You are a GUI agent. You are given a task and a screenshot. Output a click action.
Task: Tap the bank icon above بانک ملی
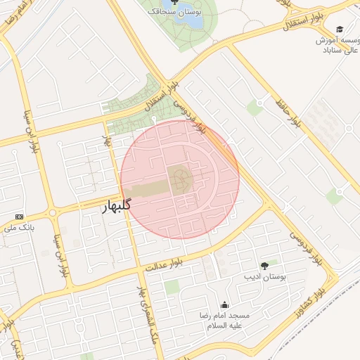click(x=19, y=217)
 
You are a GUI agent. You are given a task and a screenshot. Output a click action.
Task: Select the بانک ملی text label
click(x=19, y=228)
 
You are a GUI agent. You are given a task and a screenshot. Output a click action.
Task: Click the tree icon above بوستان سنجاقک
click(x=174, y=2)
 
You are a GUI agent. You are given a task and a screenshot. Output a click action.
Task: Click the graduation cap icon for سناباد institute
click(x=340, y=30)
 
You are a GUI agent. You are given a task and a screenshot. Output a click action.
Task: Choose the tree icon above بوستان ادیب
click(x=264, y=266)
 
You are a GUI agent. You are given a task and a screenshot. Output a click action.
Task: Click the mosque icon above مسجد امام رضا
click(x=224, y=304)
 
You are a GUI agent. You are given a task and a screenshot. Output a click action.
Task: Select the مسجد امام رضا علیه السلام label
click(x=223, y=321)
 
